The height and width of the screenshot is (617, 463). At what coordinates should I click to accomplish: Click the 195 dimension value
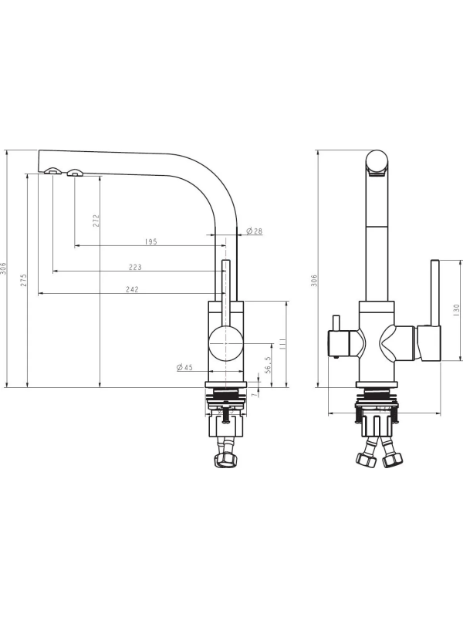[150, 241]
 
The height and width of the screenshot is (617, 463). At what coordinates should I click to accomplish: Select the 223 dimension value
[135, 267]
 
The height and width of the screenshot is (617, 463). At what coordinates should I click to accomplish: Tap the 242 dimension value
[132, 289]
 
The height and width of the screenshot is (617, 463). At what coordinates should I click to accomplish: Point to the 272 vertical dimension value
[96, 221]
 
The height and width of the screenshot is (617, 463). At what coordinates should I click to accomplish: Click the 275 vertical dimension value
[24, 280]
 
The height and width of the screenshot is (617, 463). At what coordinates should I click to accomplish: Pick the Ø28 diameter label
[255, 231]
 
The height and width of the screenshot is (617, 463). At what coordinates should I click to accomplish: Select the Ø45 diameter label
[184, 367]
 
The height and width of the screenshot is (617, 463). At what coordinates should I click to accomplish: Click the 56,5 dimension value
[268, 365]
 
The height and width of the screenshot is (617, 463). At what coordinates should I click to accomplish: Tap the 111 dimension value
[282, 344]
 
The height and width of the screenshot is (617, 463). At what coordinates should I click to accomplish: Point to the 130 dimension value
[456, 310]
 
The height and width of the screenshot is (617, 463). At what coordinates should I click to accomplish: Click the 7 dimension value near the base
[255, 393]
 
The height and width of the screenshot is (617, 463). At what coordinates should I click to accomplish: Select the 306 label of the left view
[4, 268]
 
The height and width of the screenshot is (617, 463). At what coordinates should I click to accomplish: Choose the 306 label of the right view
[314, 281]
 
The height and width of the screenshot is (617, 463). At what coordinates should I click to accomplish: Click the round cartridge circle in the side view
[225, 343]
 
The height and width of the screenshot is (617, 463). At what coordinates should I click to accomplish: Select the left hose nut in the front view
[365, 460]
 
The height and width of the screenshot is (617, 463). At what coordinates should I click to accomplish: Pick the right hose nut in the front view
[394, 460]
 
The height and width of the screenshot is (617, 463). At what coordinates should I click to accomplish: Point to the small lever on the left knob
[336, 323]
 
